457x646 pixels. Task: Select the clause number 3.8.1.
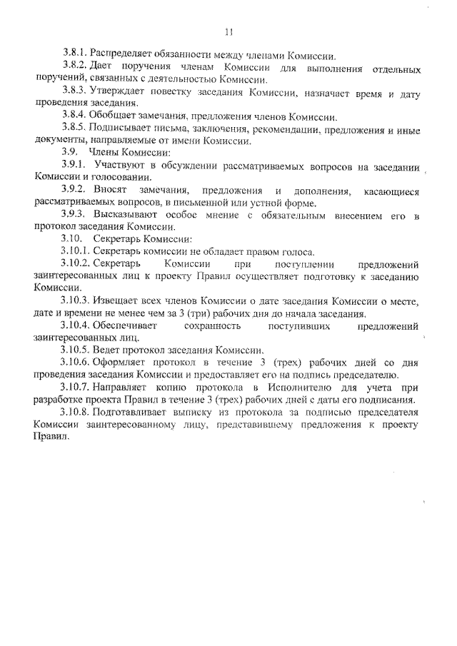[74, 55]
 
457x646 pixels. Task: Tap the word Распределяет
[120, 55]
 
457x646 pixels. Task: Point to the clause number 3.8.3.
[74, 92]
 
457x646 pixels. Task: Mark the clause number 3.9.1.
[74, 166]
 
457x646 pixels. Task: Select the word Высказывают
[122, 216]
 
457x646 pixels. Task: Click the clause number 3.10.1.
[76, 252]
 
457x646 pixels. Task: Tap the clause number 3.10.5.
[76, 350]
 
